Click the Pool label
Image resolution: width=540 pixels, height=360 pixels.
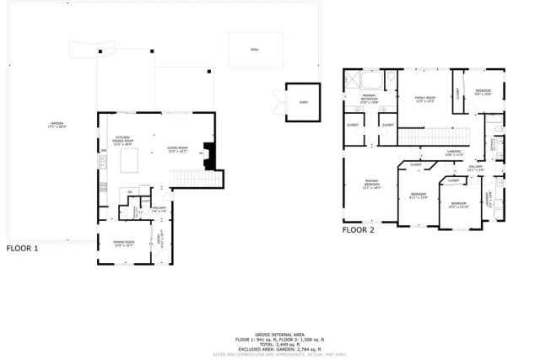254,50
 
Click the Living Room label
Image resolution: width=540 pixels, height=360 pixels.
176,148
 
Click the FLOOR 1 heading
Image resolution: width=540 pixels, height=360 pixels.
23,249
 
